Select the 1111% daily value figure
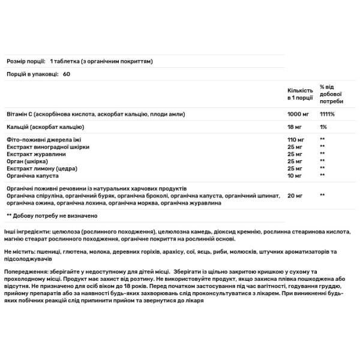tap(328, 114)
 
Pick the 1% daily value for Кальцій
tap(323, 127)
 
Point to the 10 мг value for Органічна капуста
tap(294, 175)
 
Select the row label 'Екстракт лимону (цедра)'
tap(40, 167)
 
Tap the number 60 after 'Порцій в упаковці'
tap(66, 73)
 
